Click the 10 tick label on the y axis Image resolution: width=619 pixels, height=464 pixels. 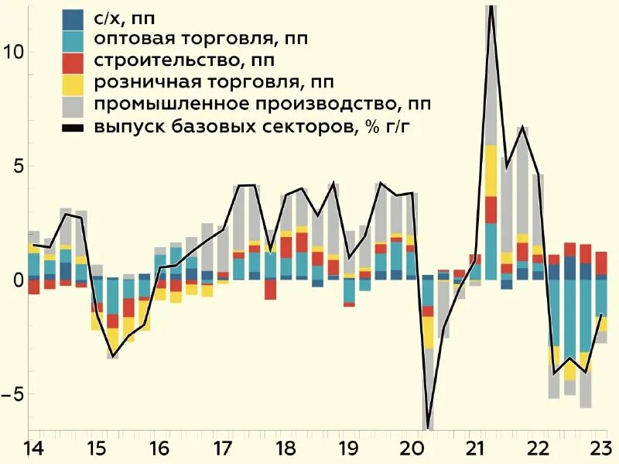pyautogui.click(x=13, y=53)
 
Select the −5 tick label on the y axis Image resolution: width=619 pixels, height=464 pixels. pyautogui.click(x=13, y=394)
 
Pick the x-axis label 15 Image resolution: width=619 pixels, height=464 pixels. pyautogui.click(x=95, y=449)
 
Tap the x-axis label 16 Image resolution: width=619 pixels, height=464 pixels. pyautogui.click(x=159, y=449)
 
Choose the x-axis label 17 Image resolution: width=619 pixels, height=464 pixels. pyautogui.click(x=222, y=449)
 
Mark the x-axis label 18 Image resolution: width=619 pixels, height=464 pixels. pyautogui.click(x=286, y=449)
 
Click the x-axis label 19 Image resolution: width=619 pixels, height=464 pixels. pyautogui.click(x=349, y=449)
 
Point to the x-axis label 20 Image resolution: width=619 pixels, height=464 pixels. pyautogui.click(x=412, y=449)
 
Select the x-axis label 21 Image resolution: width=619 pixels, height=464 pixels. pyautogui.click(x=476, y=449)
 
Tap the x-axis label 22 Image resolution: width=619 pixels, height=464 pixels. pyautogui.click(x=539, y=449)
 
